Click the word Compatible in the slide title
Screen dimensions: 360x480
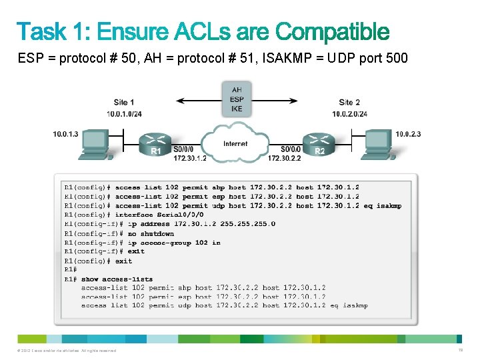coord(331,31)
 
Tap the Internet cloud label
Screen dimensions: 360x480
coord(235,143)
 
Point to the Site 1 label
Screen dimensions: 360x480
coord(124,102)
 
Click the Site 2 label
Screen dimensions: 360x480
coord(349,102)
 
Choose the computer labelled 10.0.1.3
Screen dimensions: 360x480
coord(94,145)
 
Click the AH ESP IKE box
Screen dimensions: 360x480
coord(237,99)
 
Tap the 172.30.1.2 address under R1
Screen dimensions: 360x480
coord(189,158)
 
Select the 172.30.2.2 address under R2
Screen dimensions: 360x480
coord(284,158)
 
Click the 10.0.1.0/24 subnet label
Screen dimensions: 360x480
coord(124,113)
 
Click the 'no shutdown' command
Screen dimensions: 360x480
coord(151,233)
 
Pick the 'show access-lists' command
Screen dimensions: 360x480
coord(117,279)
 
